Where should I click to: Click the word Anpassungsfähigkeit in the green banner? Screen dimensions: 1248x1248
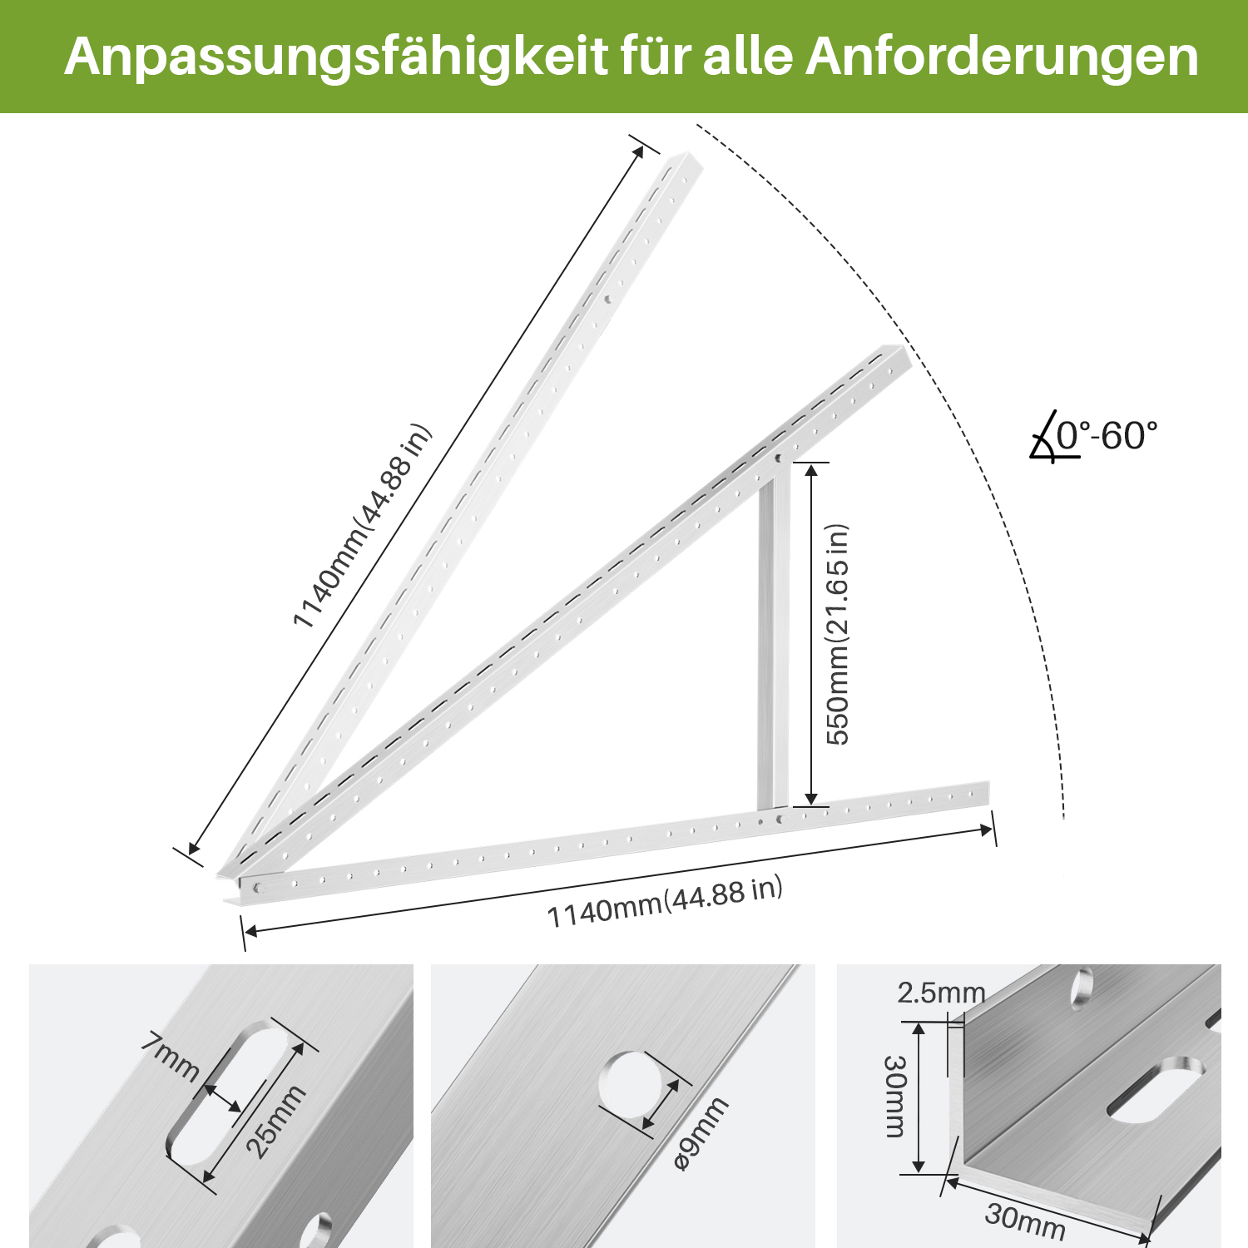(x=337, y=58)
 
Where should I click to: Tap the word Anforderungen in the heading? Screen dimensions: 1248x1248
(x=1002, y=57)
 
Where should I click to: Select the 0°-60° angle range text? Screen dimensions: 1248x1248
(x=1107, y=435)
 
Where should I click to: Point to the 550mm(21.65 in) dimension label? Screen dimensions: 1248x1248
(x=836, y=634)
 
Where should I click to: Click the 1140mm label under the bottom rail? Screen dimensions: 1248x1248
(x=665, y=902)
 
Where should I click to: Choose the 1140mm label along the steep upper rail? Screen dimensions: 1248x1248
(x=363, y=526)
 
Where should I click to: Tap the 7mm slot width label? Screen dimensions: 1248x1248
(x=171, y=1057)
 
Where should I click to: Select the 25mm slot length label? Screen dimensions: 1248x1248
(x=277, y=1122)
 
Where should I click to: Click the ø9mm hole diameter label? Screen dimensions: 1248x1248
(x=701, y=1134)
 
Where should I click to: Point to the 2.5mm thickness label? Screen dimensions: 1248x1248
(x=941, y=993)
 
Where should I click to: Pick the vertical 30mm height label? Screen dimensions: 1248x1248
(x=894, y=1096)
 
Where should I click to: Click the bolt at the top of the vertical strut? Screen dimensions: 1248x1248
(x=779, y=458)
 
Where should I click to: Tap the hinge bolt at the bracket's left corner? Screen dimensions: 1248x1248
(x=257, y=887)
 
